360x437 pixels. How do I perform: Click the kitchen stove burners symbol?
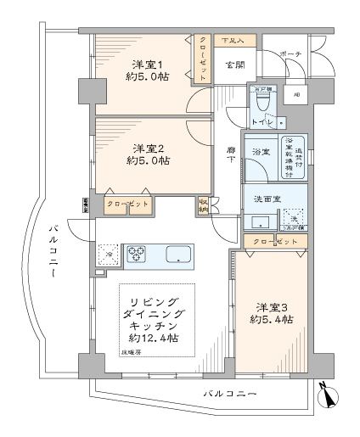[138, 253]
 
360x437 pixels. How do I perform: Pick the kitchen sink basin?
[180, 254]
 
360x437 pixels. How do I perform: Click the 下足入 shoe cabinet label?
[233, 41]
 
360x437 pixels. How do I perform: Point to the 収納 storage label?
[203, 204]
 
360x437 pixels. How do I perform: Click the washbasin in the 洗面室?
[259, 222]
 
